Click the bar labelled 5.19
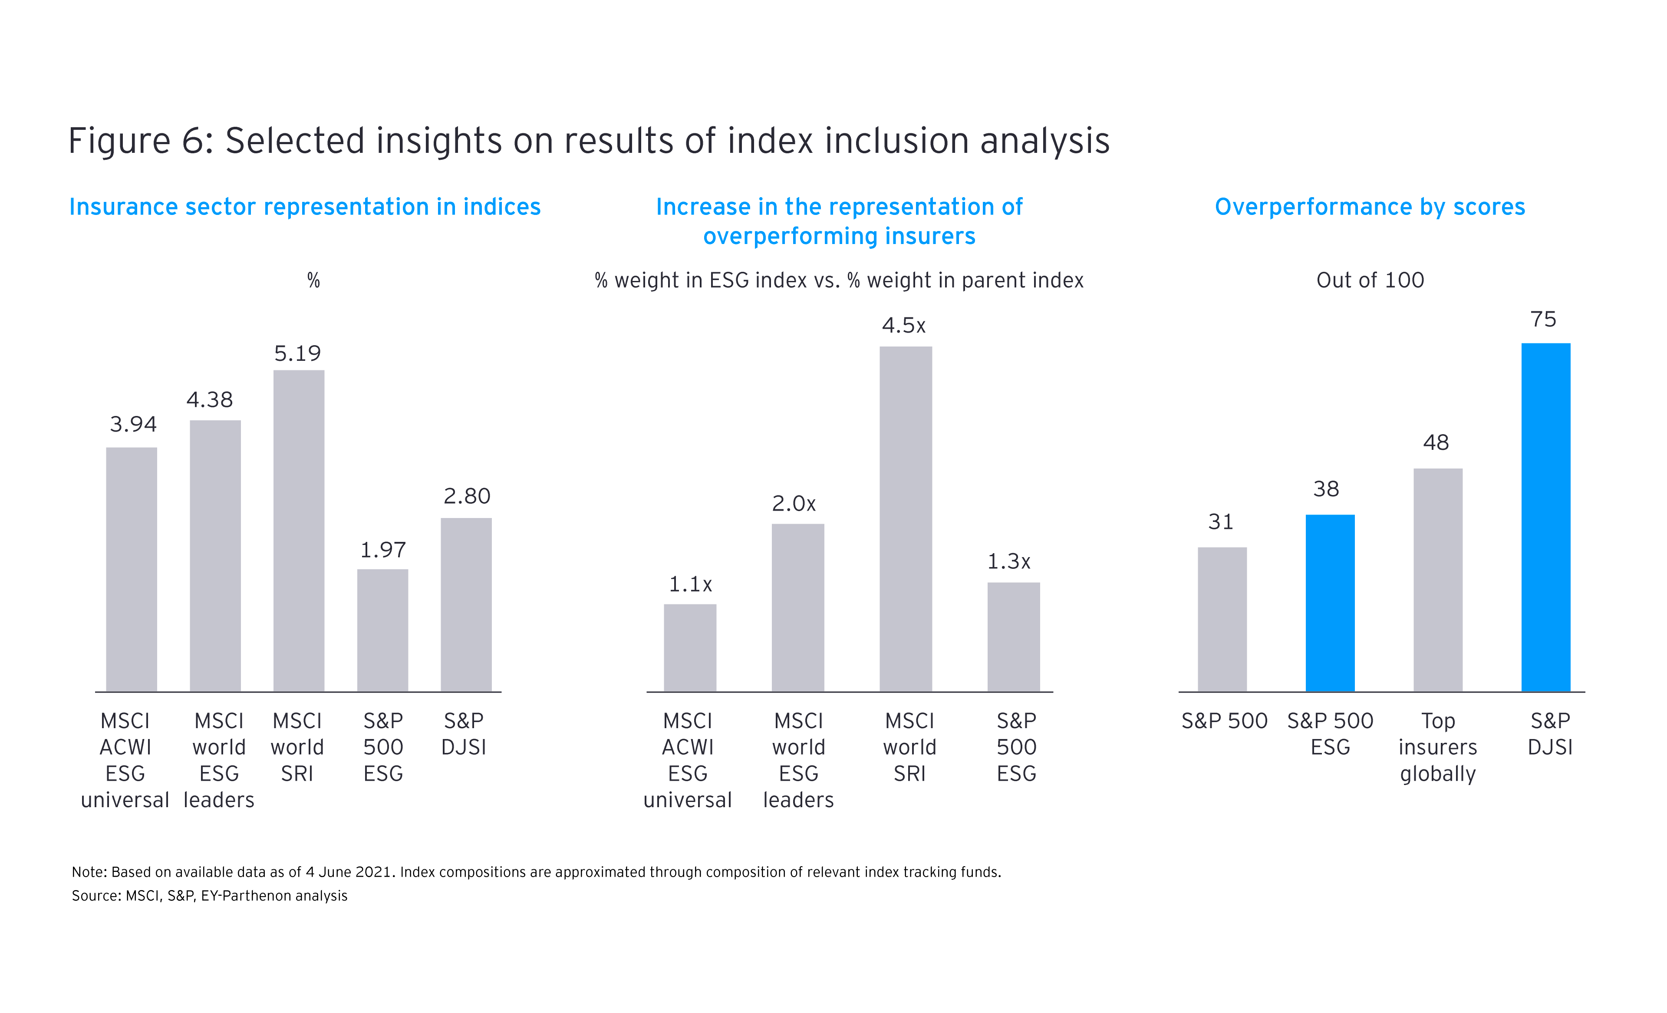click(298, 531)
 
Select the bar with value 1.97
click(382, 630)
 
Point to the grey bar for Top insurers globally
click(1438, 580)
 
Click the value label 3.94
click(133, 424)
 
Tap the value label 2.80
click(467, 496)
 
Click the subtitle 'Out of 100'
click(1370, 280)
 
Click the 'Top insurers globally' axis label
click(1438, 747)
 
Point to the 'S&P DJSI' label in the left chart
click(464, 734)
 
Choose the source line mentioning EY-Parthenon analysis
click(210, 896)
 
